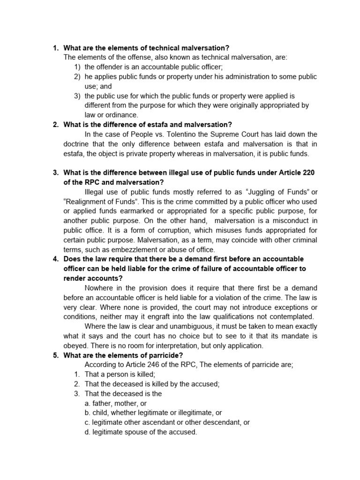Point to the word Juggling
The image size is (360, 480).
coord(259,192)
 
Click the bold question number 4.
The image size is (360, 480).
coord(55,259)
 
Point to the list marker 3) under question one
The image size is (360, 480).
coord(78,96)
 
